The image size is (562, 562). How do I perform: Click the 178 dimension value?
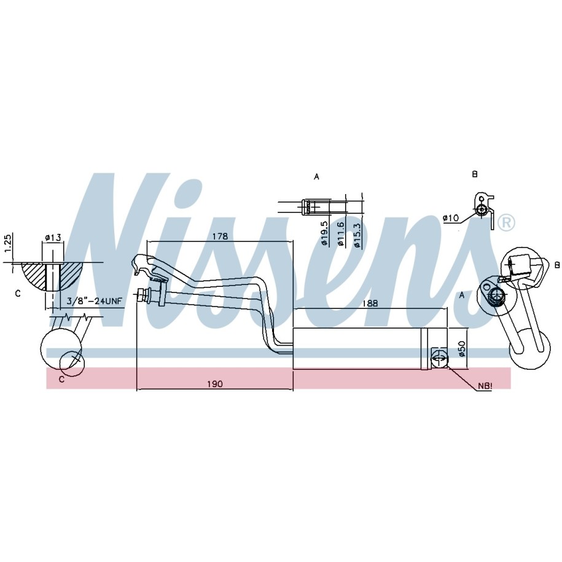point(220,236)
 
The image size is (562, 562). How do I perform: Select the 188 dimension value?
point(370,303)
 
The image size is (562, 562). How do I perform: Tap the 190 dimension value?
point(215,384)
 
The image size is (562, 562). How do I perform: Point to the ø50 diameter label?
point(462,348)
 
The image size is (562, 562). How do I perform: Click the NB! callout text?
point(485,386)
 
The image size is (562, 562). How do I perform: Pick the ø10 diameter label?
point(451,217)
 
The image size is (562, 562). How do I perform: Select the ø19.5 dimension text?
point(324,233)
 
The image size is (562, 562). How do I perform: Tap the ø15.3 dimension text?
point(356,235)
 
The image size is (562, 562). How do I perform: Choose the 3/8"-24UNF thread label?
point(95,301)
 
